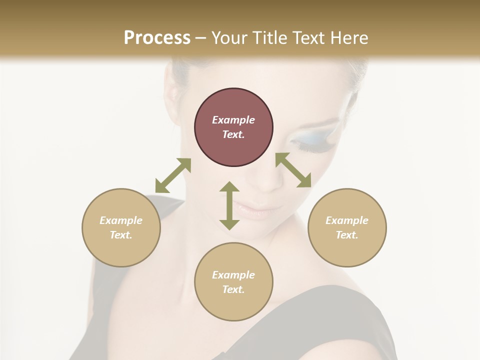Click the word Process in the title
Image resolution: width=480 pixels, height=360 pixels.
(x=157, y=38)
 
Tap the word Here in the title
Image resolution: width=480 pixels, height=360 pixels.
(x=348, y=38)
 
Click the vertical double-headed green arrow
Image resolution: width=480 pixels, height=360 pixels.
(x=229, y=205)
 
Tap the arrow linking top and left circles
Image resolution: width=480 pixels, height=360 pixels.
(x=173, y=175)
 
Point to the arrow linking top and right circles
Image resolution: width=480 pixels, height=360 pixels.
(x=293, y=170)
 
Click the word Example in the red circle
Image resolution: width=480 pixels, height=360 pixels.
(x=233, y=120)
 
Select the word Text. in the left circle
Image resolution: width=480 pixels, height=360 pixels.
(x=121, y=235)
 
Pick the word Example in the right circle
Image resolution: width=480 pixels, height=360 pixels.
(x=347, y=220)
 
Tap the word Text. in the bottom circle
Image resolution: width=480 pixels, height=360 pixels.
(x=233, y=289)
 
